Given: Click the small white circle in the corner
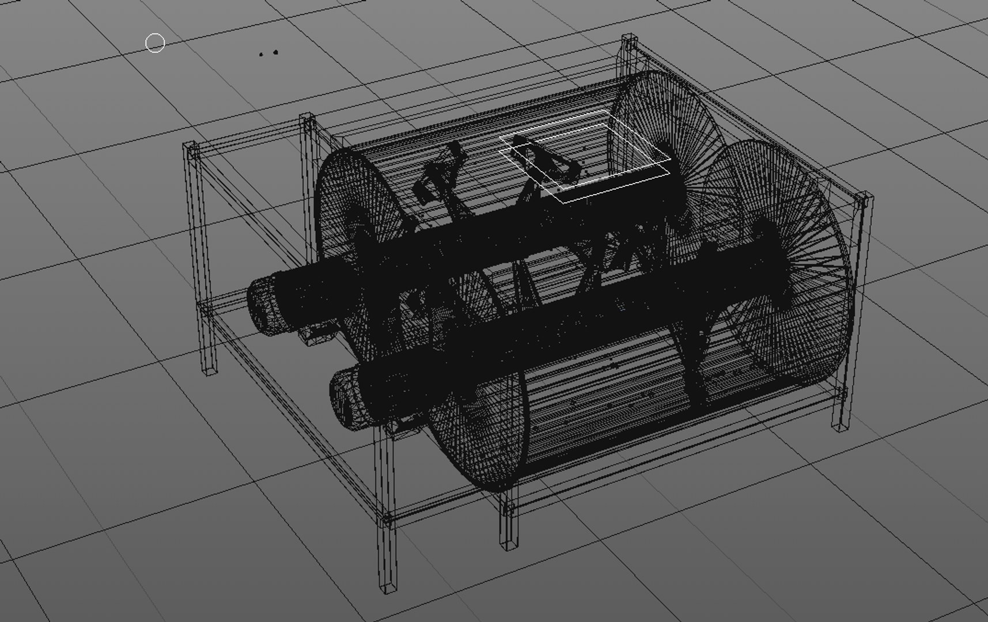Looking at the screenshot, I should [x=155, y=43].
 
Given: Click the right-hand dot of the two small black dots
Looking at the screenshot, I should [x=276, y=52].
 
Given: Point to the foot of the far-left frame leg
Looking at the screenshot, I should [x=210, y=369].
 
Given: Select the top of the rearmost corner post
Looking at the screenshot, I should [x=630, y=40].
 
